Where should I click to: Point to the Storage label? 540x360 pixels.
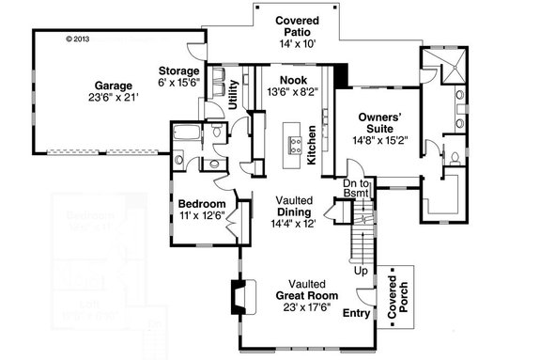point(178,70)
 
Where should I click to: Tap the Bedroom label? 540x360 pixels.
point(202,204)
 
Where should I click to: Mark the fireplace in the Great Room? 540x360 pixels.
point(239,297)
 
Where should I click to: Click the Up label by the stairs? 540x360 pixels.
point(359,270)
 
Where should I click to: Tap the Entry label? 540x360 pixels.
point(358,313)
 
